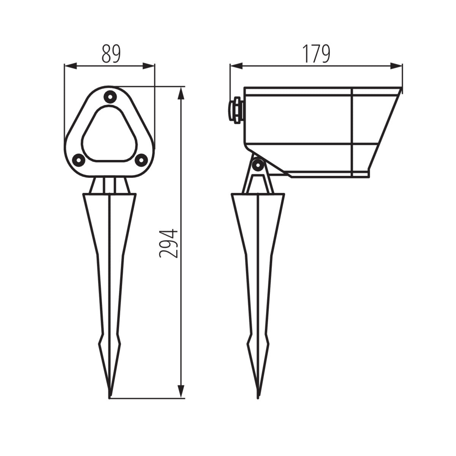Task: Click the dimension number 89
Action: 111,54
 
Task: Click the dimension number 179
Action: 316,54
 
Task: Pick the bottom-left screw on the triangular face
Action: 78,160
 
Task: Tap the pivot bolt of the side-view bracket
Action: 259,165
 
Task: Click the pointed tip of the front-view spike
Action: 109,397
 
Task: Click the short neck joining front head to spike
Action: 109,185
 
